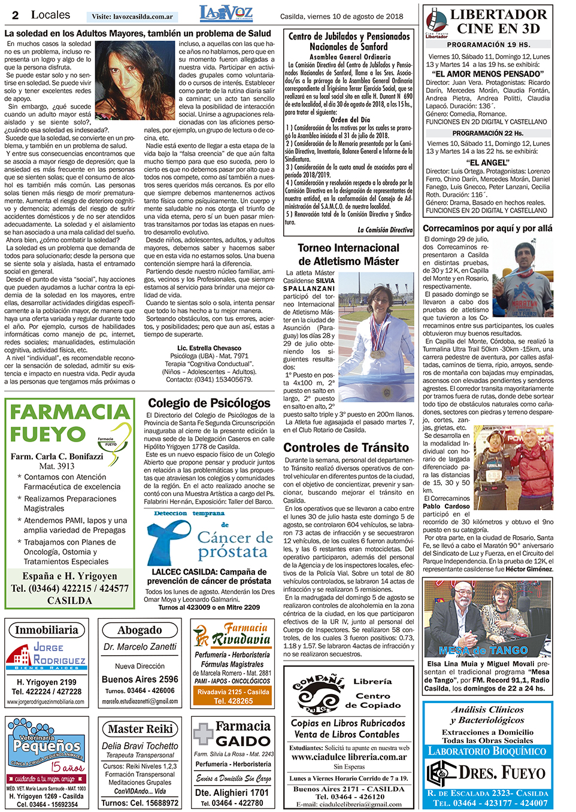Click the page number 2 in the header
[15, 16]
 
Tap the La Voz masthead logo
[226, 14]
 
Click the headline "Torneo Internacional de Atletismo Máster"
[348, 254]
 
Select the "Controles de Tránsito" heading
[346, 448]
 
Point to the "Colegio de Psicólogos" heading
[209, 403]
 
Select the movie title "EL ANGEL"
[489, 162]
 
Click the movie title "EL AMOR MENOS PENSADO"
[489, 74]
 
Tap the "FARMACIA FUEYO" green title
[69, 422]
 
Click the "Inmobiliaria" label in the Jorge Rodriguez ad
[46, 630]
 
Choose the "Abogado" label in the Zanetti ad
[140, 630]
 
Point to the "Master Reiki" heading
[140, 729]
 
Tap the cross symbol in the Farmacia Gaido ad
[203, 734]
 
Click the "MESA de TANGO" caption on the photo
[483, 650]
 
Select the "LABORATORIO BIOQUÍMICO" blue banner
[487, 751]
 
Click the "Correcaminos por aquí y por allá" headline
[487, 228]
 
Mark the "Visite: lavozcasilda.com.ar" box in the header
[132, 17]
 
